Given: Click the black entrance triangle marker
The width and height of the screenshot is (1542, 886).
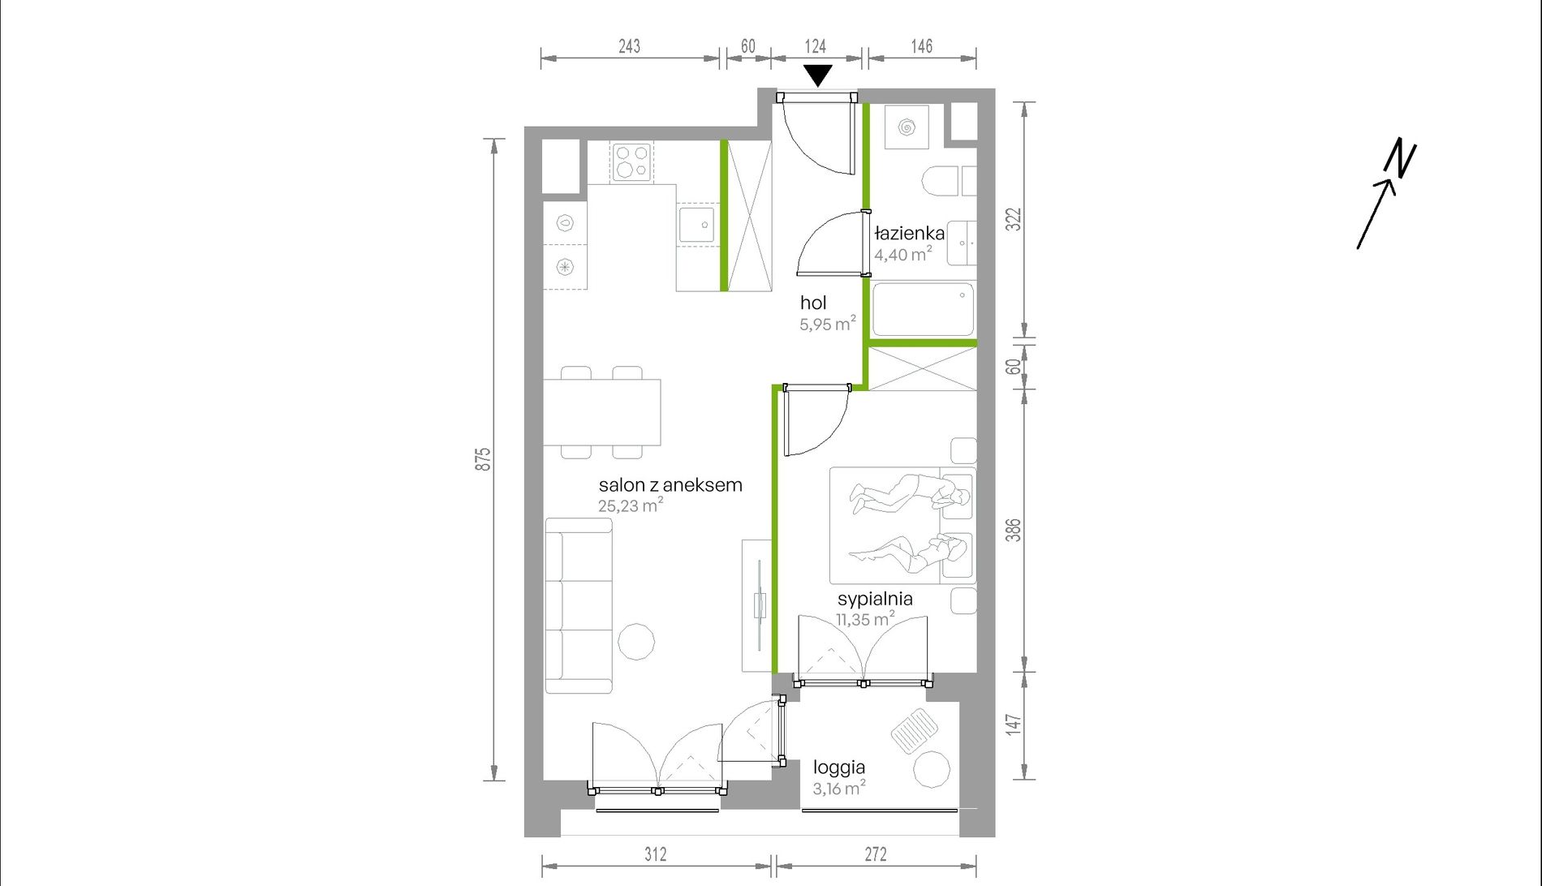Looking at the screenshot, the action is pos(818,75).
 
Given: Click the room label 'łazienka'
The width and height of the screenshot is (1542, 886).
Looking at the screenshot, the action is pos(909,234).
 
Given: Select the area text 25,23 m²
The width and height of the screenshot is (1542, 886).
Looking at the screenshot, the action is pos(631,505).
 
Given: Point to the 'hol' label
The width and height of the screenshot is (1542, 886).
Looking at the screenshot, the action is pos(813,303).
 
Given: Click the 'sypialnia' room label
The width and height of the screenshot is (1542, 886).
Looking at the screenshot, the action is pos(875,600).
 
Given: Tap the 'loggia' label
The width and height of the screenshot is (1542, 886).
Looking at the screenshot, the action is pos(839,768).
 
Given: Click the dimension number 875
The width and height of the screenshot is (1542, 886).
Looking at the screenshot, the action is pos(483,459).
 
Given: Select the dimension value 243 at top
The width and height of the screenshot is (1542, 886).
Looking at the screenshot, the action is pos(629,46).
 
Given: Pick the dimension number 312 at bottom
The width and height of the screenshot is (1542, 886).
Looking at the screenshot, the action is pos(656,854).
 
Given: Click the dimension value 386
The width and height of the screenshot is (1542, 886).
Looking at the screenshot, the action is pos(1013,531).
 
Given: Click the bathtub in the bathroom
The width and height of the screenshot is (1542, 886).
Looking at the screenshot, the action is pos(923,309).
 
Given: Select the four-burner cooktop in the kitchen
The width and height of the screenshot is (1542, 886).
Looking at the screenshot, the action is pos(632,161).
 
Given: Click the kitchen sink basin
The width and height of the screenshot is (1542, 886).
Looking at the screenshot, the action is pos(696,225).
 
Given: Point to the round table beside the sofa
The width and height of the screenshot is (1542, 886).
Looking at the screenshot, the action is pos(636,642).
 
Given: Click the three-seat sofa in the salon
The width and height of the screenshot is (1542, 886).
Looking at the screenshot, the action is pos(579,605).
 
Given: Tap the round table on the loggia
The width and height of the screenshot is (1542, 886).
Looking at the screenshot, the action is pos(932,769).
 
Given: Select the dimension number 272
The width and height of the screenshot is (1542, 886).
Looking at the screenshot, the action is pos(876,854).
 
